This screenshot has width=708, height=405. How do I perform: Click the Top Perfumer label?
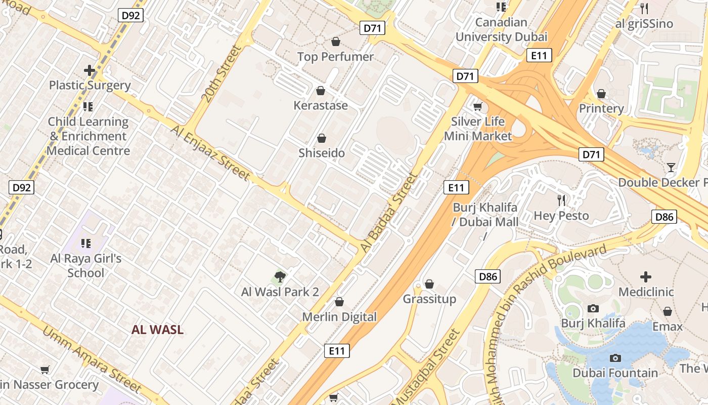[x=335, y=57]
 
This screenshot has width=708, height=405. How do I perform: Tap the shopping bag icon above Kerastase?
[x=320, y=91]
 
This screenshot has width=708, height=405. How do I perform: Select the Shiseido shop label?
[x=322, y=153]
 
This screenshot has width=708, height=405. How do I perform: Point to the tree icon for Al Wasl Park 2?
[x=280, y=276]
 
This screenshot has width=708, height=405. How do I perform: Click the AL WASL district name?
[x=157, y=330]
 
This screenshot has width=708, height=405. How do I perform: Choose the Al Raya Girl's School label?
[x=86, y=266]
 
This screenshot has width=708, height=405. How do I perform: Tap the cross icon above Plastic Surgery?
[x=90, y=70]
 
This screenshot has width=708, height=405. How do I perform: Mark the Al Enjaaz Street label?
[x=210, y=152]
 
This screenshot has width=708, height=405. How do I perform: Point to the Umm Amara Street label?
[x=91, y=360]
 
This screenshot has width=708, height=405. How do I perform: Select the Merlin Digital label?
[x=339, y=317]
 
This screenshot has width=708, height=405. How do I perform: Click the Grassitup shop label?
[x=429, y=299]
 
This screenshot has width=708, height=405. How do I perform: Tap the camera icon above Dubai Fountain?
[x=615, y=358]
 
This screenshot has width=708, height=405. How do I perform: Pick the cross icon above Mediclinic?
[x=645, y=277]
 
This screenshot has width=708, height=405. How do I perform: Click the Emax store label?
[x=668, y=327]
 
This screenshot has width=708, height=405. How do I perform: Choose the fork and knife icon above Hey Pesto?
[x=561, y=200]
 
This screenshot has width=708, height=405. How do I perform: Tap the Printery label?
[x=601, y=108]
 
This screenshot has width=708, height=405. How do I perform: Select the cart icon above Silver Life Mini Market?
[x=477, y=106]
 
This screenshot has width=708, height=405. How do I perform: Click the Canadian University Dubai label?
[x=501, y=29]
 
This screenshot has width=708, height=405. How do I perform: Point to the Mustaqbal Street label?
[x=427, y=368]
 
